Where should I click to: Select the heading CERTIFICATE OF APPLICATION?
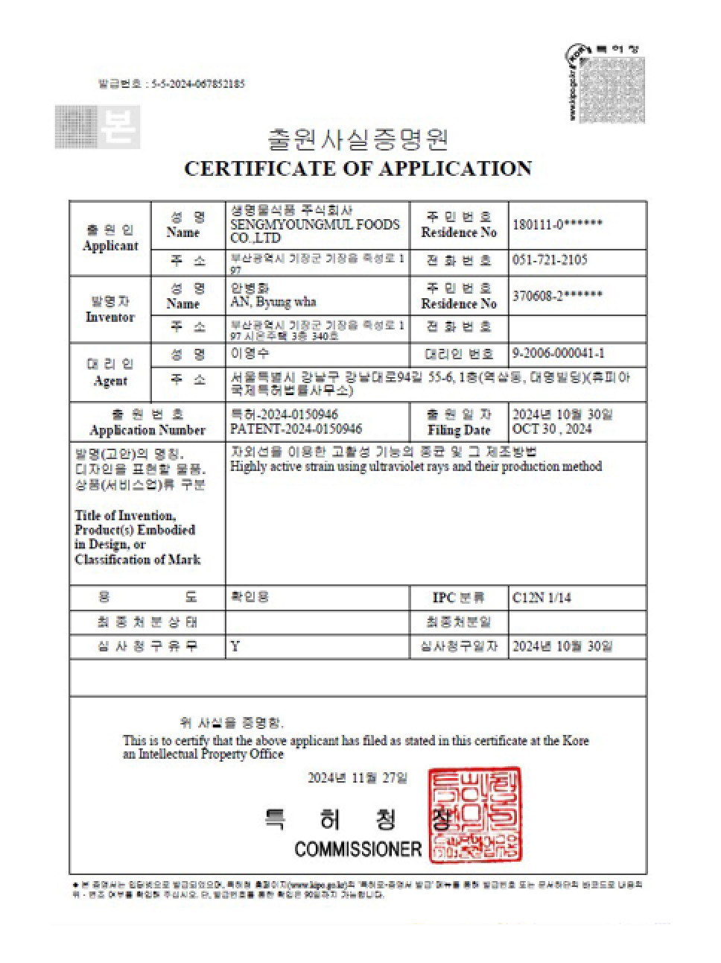[x=358, y=169]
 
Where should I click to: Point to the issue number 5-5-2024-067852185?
[x=197, y=84]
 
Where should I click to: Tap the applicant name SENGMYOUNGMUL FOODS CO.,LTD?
[x=315, y=231]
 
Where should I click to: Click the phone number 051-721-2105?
[x=550, y=260]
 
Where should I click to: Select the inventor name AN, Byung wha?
[x=273, y=303]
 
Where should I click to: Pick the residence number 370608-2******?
[x=557, y=296]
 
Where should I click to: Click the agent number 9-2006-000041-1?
[x=559, y=353]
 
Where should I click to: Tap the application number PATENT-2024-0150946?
[x=296, y=429]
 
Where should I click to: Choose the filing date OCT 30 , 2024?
[x=552, y=429]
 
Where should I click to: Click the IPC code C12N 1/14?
[x=541, y=598]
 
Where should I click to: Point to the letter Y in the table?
[x=235, y=646]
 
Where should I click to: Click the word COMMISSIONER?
[x=358, y=848]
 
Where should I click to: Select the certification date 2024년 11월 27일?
[x=358, y=778]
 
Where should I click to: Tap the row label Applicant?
[x=110, y=246]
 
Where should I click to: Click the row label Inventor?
[x=110, y=318]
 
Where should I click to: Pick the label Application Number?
[x=147, y=430]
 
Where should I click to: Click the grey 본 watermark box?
[x=98, y=127]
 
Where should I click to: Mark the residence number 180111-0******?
[x=557, y=224]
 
